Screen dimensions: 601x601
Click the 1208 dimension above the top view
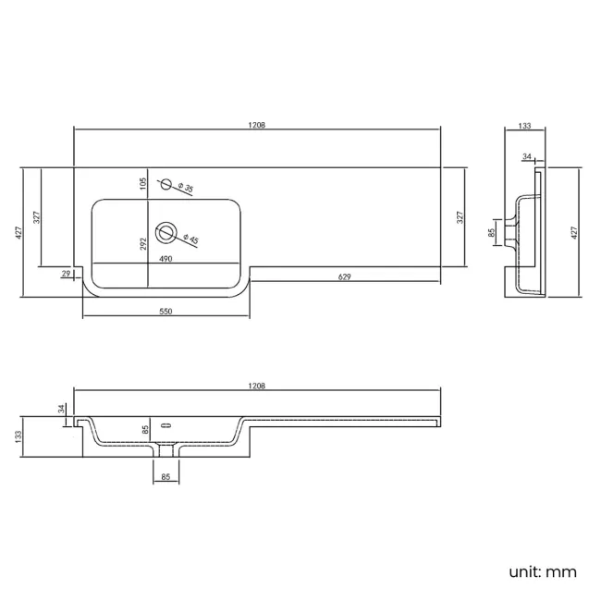coord(256,125)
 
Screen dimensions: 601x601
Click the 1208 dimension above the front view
coord(256,386)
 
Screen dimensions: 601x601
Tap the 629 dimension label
coord(344,276)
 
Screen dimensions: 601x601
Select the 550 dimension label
coord(166,312)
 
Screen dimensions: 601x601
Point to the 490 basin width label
coord(166,259)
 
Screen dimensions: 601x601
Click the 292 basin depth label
coord(143,244)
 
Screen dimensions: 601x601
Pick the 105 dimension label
coord(143,184)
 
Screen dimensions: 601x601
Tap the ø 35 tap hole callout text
coord(186,188)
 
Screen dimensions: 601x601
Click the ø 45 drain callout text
coord(190,239)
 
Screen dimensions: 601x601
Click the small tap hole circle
coord(166,184)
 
